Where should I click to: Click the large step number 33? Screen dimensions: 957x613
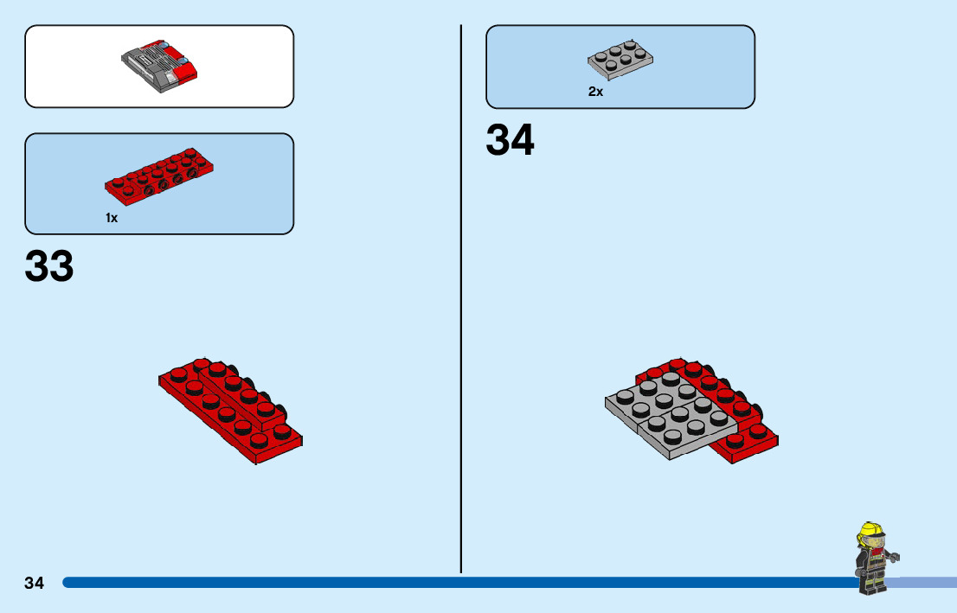(x=49, y=267)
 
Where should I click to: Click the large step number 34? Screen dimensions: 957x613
(x=510, y=140)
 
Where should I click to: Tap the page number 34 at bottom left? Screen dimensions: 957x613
(x=34, y=583)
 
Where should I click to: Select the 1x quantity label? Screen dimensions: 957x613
(x=112, y=218)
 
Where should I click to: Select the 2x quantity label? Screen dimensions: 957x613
(x=595, y=92)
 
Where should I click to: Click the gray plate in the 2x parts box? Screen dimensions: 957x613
(x=620, y=58)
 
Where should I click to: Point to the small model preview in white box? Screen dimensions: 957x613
(x=161, y=66)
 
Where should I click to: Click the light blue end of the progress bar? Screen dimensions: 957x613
(x=926, y=583)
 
